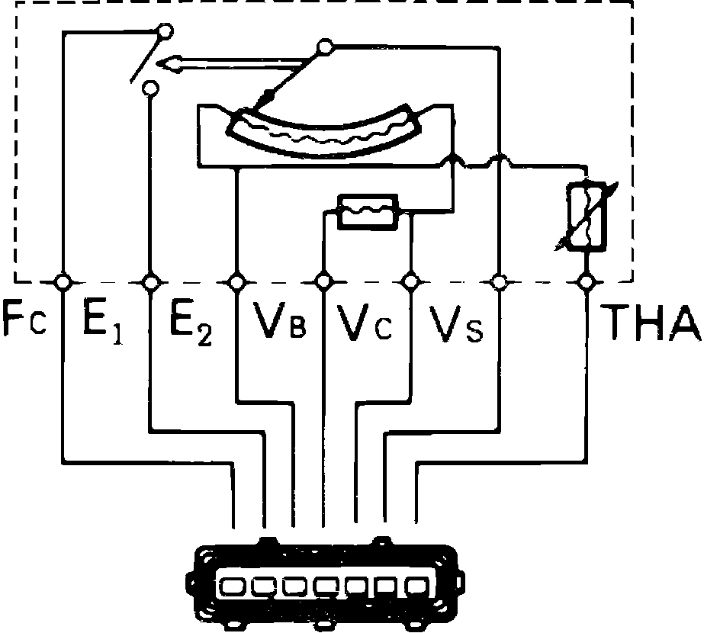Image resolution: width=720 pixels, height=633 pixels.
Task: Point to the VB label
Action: coord(280,326)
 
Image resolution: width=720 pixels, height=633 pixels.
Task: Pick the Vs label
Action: coord(456,326)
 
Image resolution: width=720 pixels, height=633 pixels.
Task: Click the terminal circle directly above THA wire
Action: coord(586,282)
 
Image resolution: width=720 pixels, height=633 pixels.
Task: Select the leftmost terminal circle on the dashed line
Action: coord(63,282)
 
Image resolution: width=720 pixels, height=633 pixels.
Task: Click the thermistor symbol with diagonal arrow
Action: coord(587,217)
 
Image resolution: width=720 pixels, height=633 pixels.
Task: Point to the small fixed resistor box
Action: coord(367,210)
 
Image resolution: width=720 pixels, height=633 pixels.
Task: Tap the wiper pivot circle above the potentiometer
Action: coord(326,48)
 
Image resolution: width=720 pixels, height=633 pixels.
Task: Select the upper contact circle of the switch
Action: coord(162,31)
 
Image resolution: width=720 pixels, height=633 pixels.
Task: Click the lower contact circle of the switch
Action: coord(150,88)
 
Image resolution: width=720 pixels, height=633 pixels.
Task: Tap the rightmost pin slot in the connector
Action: coord(416,586)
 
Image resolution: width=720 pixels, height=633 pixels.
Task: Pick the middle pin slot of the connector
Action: coord(324,586)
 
